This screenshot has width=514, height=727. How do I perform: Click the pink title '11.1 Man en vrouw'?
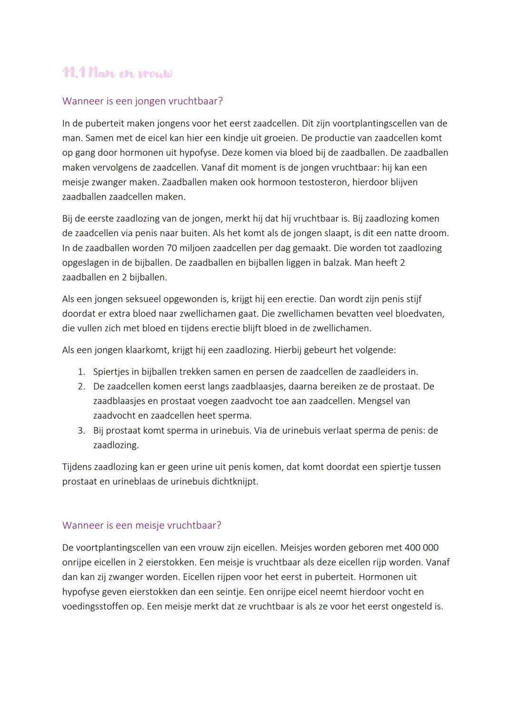coord(117,73)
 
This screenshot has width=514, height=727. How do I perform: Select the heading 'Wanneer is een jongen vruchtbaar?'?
coord(142,101)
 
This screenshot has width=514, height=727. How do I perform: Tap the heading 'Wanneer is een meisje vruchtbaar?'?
coord(141,525)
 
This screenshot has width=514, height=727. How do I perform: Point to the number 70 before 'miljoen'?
coord(172,248)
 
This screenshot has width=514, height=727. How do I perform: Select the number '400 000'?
coord(422,548)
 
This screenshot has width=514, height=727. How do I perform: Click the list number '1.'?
coord(81,372)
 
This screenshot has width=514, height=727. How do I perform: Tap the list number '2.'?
coord(81,387)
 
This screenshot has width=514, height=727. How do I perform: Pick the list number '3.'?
coord(81,430)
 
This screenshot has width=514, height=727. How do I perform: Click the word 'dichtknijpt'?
coord(234,481)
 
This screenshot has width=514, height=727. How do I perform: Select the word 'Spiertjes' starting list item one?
coord(112,372)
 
